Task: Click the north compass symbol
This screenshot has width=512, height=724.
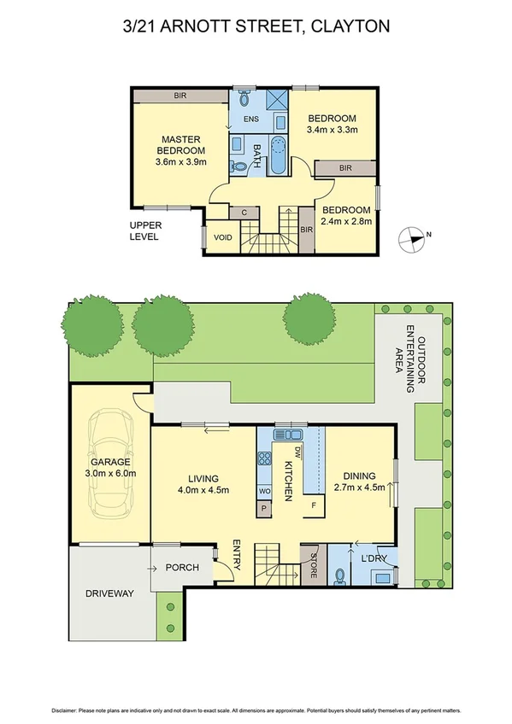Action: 412,239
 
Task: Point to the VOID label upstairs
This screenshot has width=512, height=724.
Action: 223,236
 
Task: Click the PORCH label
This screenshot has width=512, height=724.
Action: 182,568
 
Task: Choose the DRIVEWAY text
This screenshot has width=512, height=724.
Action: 109,593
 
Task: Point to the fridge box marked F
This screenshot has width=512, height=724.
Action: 314,506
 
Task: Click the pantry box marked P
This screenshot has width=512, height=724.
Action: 264,507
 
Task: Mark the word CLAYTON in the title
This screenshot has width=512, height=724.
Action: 350,26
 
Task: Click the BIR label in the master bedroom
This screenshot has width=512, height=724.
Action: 180,96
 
